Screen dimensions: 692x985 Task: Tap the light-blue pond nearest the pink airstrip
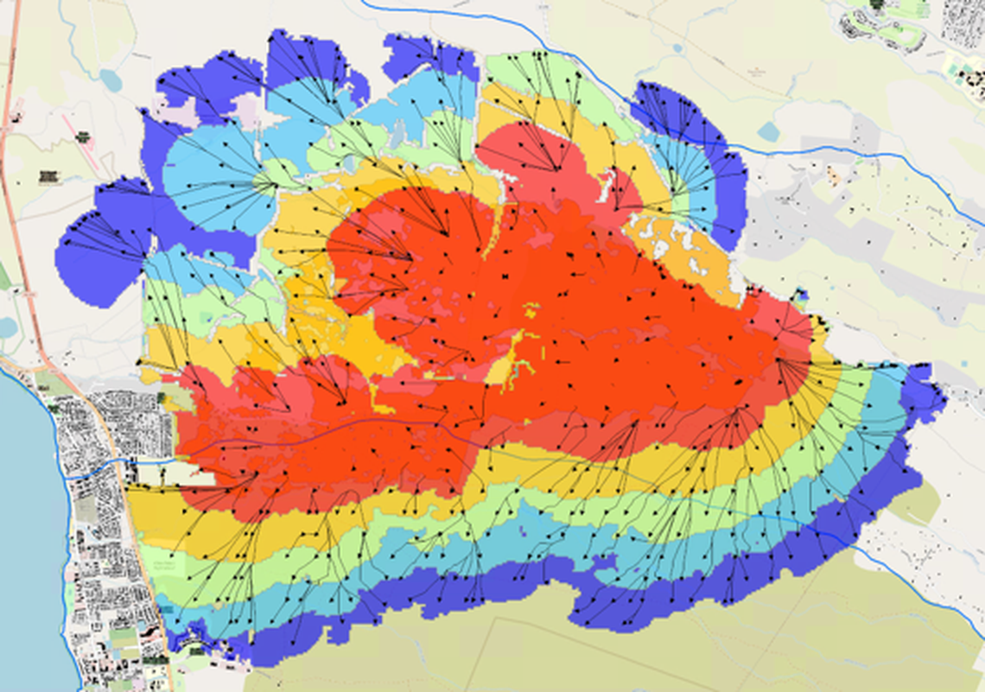[x=111, y=80]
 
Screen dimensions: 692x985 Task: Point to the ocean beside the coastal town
[x=26, y=518]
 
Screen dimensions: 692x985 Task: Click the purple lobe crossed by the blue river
[x=691, y=121]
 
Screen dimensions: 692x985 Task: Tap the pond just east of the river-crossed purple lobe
[x=767, y=131]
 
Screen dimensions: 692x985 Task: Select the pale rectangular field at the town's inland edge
[x=173, y=474]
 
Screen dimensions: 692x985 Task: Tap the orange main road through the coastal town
[x=121, y=484]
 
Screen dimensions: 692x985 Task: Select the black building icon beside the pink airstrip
[x=82, y=136]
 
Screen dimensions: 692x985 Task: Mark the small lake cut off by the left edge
[x=7, y=327]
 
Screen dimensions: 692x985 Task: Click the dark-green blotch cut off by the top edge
[x=878, y=4]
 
